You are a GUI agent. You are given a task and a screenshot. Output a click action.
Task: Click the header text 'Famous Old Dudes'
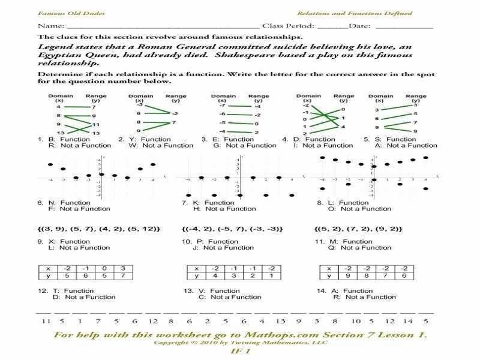[x=62, y=13]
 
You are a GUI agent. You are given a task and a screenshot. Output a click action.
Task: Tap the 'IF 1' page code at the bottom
[x=240, y=352]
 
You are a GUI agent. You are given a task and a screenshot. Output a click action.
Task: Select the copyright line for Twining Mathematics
[x=240, y=343]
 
